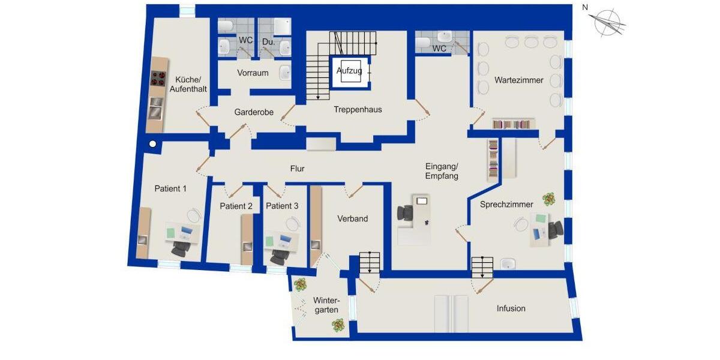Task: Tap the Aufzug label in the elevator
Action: point(349,71)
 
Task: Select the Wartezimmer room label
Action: point(518,80)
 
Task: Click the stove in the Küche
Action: point(158,78)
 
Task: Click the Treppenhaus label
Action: point(358,110)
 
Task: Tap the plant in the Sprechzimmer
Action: point(548,198)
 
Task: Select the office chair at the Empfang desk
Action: point(406,213)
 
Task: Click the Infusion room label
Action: point(511,308)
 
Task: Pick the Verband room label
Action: point(352,219)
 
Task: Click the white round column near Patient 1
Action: point(153,144)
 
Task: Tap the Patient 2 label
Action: point(236,206)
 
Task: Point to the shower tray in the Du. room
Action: point(282,26)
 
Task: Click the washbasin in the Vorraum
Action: point(285,74)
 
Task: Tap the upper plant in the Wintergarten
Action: point(299,285)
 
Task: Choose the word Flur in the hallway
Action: point(298,169)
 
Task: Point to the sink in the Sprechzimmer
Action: point(508,263)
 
